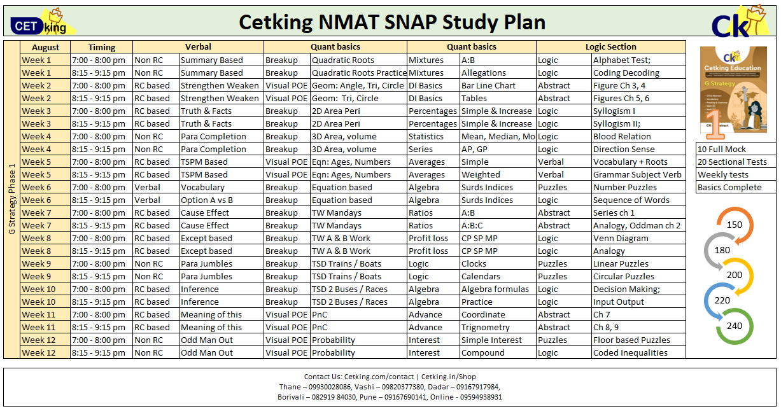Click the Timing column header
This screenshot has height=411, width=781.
click(101, 47)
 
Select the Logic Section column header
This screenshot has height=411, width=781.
click(610, 47)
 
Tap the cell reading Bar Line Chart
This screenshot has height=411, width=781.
click(488, 85)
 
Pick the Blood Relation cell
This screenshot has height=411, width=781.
click(621, 136)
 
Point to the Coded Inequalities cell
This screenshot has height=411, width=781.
click(630, 352)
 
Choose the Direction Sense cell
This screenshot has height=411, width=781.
click(623, 149)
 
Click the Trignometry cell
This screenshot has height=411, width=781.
click(485, 327)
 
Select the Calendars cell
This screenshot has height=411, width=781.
click(481, 276)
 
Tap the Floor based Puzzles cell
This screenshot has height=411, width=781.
click(631, 340)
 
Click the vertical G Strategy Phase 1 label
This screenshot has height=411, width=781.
click(12, 199)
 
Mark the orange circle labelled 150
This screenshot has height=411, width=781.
click(734, 225)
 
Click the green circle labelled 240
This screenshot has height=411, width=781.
click(734, 325)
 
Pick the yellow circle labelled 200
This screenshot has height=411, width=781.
click(734, 275)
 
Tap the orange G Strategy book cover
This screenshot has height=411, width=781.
click(733, 93)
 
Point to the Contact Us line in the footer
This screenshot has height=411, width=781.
click(390, 377)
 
